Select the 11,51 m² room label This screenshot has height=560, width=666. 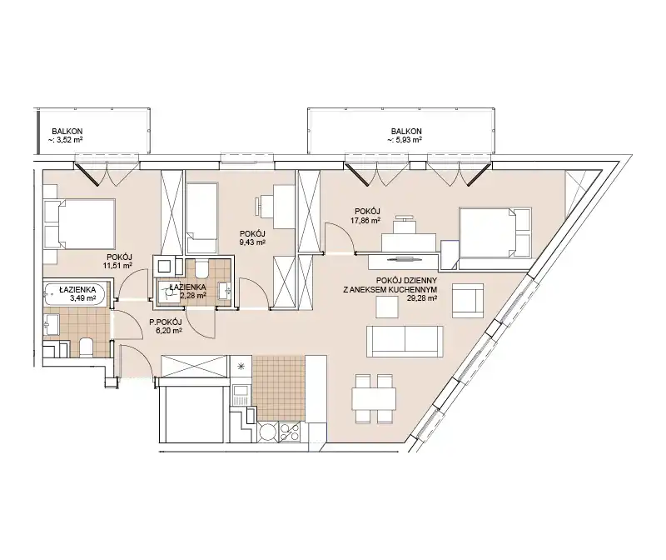[x=119, y=261]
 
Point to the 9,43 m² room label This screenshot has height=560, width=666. [x=252, y=237]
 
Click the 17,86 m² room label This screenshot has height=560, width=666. [x=367, y=216]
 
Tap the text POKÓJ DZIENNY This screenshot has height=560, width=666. [x=406, y=281]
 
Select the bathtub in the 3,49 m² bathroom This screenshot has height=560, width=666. [x=76, y=294]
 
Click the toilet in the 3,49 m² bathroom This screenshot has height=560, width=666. [x=86, y=347]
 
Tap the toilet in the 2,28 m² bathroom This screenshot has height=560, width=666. [x=201, y=267]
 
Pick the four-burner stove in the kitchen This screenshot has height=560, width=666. [x=290, y=432]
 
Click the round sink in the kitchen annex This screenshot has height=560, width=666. [x=267, y=432]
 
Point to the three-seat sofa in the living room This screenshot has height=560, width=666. [x=405, y=342]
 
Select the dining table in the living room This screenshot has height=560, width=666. [x=374, y=399]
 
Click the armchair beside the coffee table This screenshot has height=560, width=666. [x=468, y=301]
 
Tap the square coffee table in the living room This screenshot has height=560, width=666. [x=387, y=307]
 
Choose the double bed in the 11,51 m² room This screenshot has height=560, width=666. [x=80, y=223]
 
